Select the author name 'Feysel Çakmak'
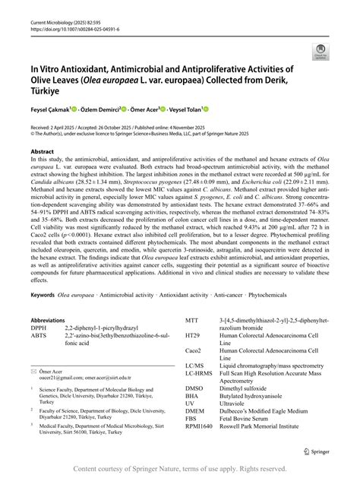[x=52, y=109]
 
